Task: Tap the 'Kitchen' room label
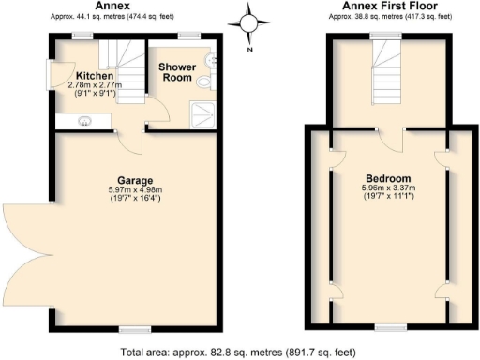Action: (x=95, y=76)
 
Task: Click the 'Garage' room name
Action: (x=135, y=179)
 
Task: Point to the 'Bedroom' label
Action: (x=388, y=178)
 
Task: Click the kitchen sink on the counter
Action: (x=83, y=120)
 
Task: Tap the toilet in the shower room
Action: (x=204, y=82)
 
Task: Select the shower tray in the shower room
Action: (x=202, y=113)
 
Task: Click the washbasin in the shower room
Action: (x=213, y=58)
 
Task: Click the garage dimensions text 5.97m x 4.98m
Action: (x=135, y=190)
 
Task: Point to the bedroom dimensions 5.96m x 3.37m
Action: (x=388, y=189)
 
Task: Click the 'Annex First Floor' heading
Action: (x=386, y=7)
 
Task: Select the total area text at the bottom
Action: (x=238, y=352)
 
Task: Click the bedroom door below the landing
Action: (x=396, y=139)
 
